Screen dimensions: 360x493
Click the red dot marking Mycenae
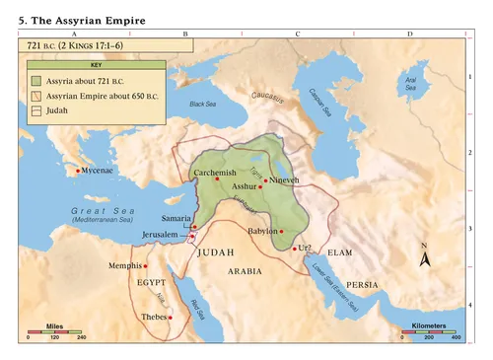[x=78, y=172]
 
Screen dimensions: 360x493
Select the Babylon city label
[x=262, y=231]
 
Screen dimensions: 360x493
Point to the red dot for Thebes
[x=172, y=317]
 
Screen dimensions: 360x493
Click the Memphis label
[x=125, y=266]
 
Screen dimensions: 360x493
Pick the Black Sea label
[x=202, y=104]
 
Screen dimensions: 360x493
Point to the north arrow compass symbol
[x=424, y=256]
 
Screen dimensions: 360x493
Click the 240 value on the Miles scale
[x=82, y=338]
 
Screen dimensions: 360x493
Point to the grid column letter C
[x=298, y=34]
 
